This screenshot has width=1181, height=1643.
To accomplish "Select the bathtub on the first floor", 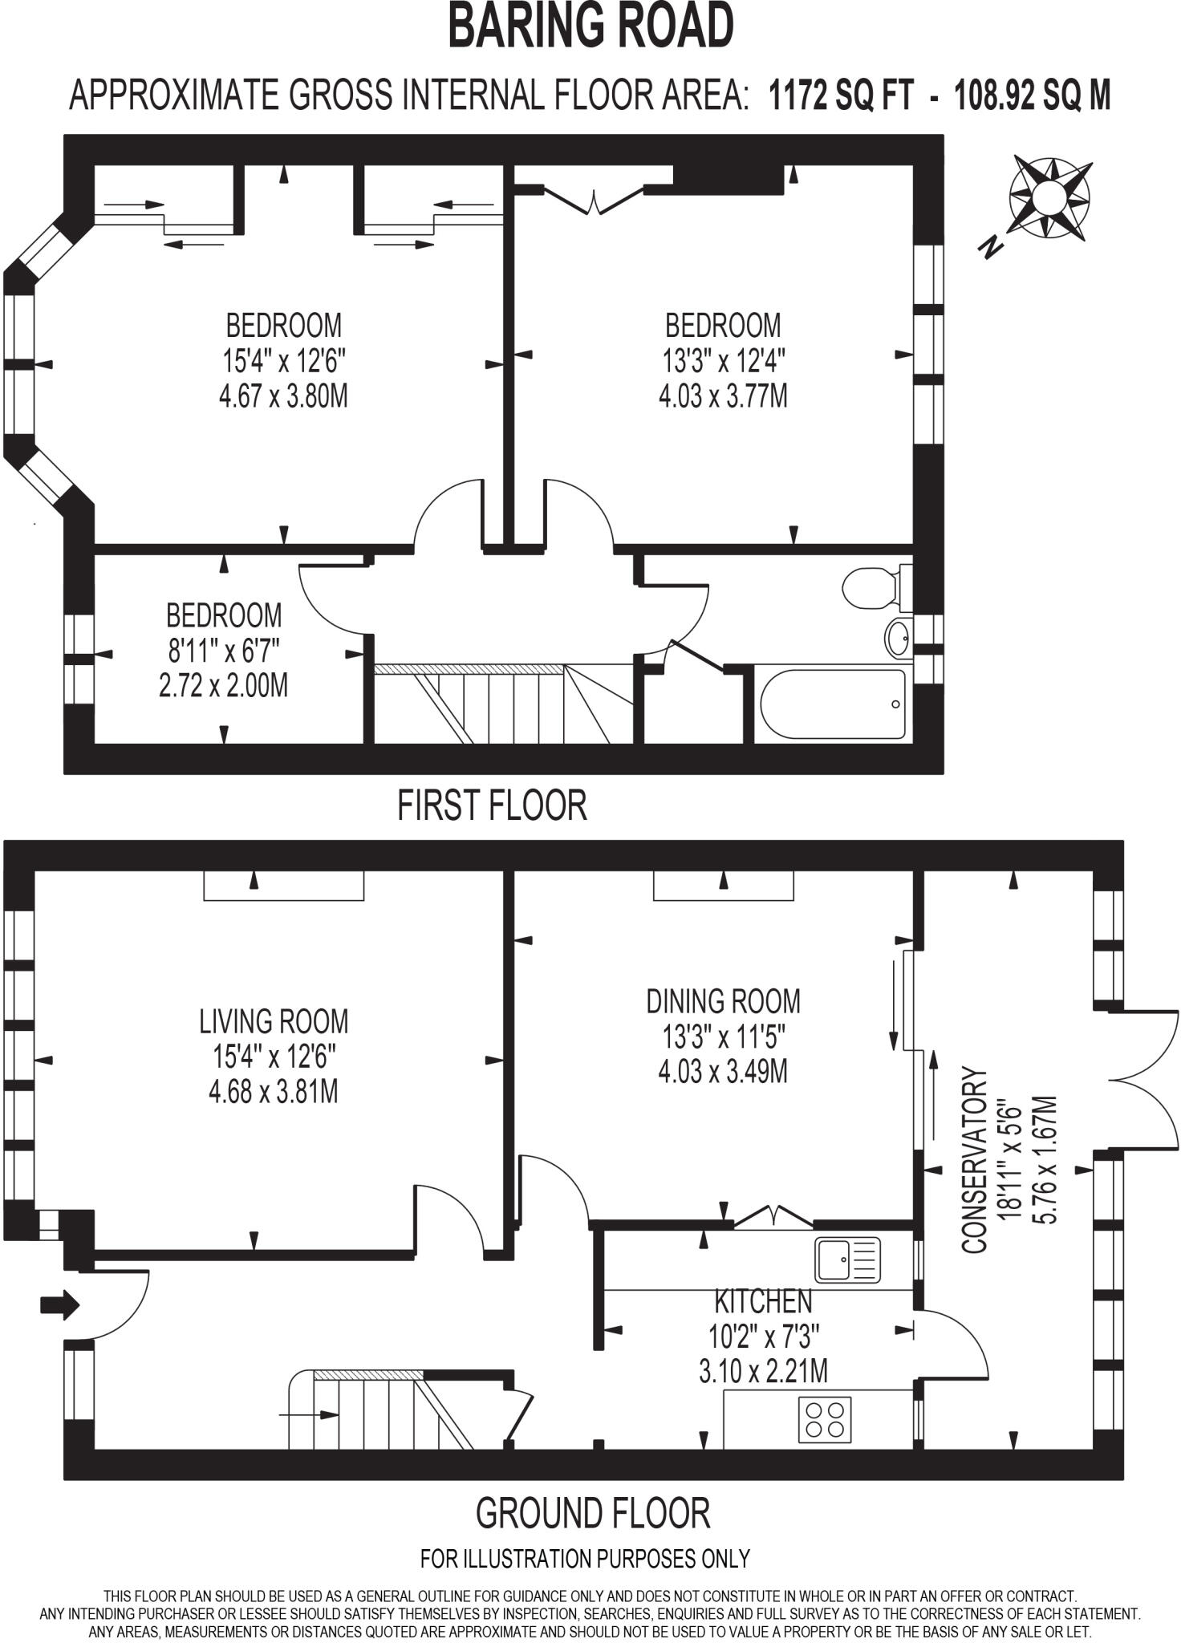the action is click(x=833, y=704).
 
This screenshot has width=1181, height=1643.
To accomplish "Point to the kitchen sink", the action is click(x=847, y=1259).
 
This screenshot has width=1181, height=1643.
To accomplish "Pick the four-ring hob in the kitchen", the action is click(x=825, y=1419).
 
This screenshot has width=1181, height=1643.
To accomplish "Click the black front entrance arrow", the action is click(x=60, y=1304).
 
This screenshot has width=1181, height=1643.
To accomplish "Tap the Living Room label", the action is click(x=274, y=1021).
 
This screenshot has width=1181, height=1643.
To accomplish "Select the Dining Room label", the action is click(x=723, y=1001).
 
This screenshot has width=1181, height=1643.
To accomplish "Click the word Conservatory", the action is click(x=974, y=1160).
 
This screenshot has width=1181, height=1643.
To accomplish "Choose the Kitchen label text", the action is click(x=763, y=1300).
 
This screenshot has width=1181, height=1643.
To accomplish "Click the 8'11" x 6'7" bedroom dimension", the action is click(x=223, y=651).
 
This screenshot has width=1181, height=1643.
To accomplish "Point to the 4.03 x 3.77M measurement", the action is click(x=723, y=396).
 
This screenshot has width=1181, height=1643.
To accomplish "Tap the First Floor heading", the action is click(x=492, y=805).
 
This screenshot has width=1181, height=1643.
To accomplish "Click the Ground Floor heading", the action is click(x=593, y=1514).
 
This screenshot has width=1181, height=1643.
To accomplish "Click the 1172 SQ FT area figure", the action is click(x=841, y=95).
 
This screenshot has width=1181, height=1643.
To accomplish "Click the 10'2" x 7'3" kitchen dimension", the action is click(x=763, y=1337).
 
